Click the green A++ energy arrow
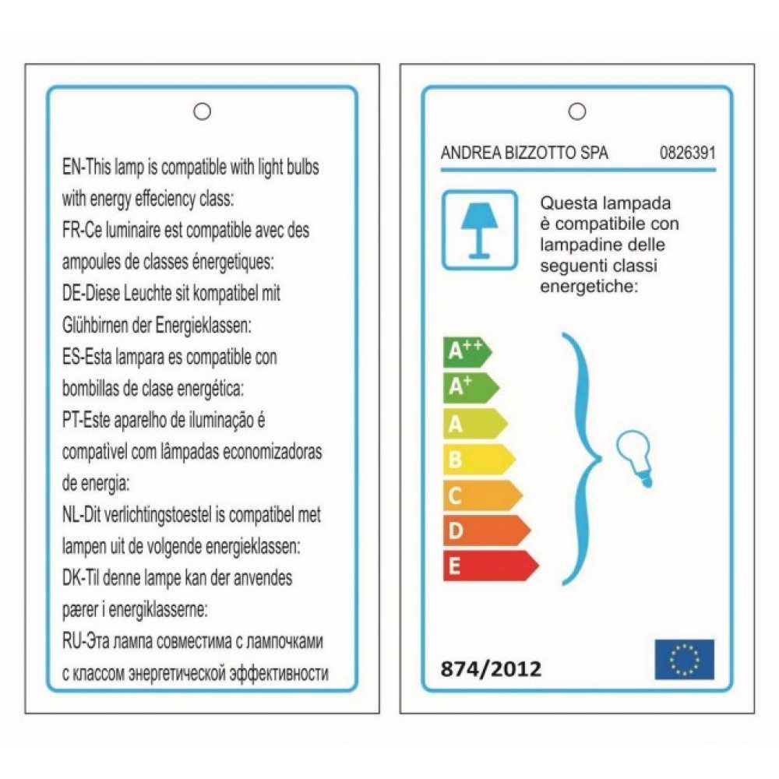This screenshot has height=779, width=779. pos(466,352)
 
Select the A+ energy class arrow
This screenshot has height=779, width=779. pos(470,387)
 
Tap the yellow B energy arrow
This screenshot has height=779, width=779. pos(478,459)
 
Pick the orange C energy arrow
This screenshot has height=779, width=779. pos(481,495)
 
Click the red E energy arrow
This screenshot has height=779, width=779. pos(489,566)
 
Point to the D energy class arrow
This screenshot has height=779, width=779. pos(485,530)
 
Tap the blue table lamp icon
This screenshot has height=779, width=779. pos(479,230)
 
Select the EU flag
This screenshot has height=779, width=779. pos(684,659)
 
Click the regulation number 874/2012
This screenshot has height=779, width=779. pos(491,668)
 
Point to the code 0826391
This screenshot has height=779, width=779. pos(687,153)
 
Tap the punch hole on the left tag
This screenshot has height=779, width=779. pos(203,111)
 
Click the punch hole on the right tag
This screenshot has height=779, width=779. pos(577,111)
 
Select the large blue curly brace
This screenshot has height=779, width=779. pos(580,460)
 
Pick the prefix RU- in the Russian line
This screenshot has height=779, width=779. pos(72,642)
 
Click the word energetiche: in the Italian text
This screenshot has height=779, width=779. pos(588,287)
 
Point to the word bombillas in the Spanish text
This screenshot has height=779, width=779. pos(88,389)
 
